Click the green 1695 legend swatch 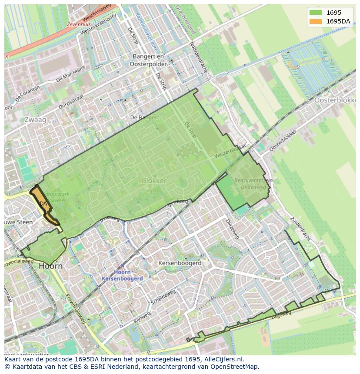pos(316,13)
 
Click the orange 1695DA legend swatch pos(316,21)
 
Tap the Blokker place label pos(154,181)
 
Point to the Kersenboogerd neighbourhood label pos(180,263)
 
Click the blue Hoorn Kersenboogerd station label pos(122,275)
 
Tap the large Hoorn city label pos(50,266)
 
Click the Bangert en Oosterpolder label pos(148,60)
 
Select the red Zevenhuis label pos(78,25)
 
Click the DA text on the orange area pos(43,203)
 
